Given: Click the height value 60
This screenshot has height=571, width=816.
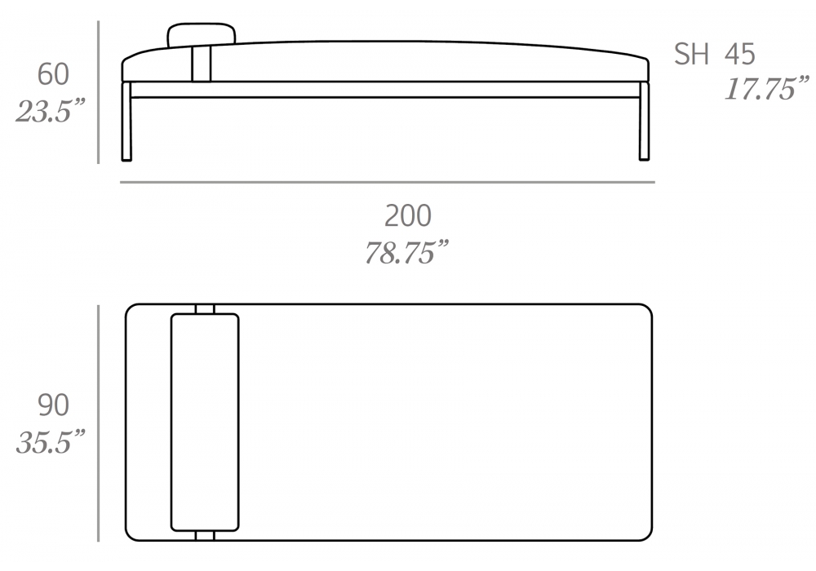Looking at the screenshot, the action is click(53, 74).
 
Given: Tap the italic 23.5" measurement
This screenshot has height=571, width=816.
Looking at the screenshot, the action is click(50, 111).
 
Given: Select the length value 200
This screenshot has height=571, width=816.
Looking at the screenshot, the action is click(408, 216).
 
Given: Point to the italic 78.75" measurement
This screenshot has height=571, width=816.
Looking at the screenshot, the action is click(406, 252).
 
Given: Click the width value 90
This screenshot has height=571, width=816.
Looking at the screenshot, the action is click(53, 405).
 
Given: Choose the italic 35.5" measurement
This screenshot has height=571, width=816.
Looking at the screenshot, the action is click(51, 442).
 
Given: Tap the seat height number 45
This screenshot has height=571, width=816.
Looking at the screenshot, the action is click(739, 54).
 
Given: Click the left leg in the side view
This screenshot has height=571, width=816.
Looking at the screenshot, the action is click(126, 121).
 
